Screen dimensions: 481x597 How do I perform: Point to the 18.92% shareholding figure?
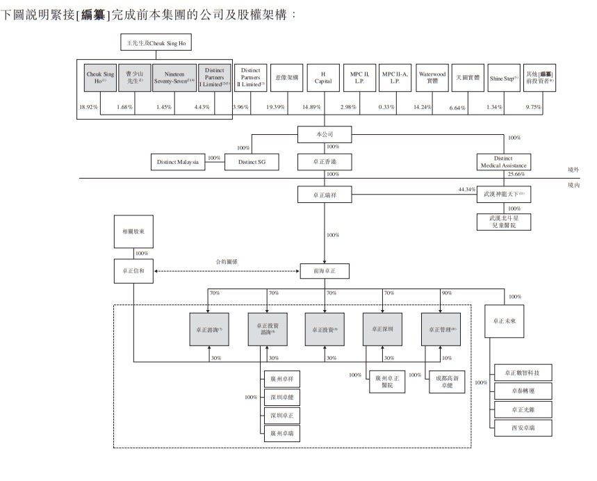[x=88, y=106]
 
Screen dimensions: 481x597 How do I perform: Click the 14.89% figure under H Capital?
[x=309, y=106]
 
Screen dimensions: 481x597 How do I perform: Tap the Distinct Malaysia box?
[x=177, y=162]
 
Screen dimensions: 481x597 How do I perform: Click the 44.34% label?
[x=466, y=189]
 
